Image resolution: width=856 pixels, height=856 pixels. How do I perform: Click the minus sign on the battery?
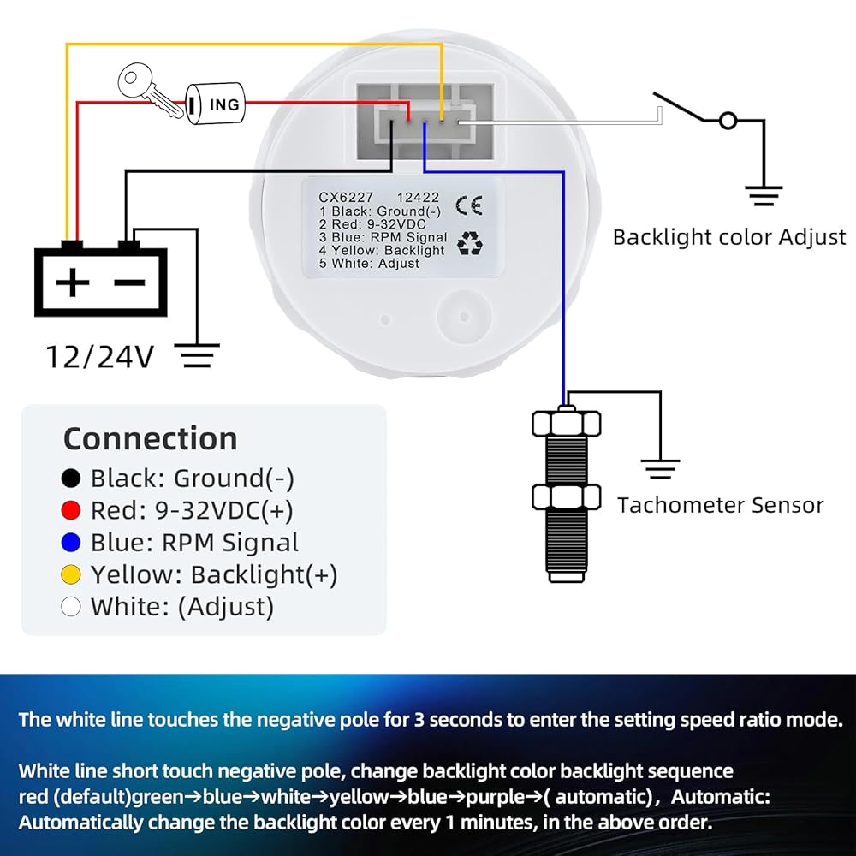click(x=129, y=282)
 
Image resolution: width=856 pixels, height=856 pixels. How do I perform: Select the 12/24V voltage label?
click(x=99, y=355)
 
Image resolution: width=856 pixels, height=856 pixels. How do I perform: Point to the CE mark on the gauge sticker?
click(x=468, y=205)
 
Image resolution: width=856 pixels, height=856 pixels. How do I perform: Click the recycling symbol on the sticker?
click(x=470, y=244)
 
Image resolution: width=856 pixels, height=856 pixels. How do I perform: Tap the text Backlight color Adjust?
click(x=728, y=237)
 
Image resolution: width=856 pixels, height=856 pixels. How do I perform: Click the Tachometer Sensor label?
click(x=720, y=505)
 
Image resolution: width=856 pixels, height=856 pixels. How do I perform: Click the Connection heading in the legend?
click(x=150, y=438)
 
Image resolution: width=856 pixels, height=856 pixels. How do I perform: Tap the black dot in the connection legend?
click(x=72, y=479)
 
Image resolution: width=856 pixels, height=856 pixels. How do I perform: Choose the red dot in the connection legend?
click(x=72, y=511)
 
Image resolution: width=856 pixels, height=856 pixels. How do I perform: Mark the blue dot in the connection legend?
click(x=72, y=543)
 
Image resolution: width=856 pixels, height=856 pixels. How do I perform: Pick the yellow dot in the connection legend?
click(x=72, y=574)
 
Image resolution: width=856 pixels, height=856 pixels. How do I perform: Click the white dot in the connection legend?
click(x=72, y=607)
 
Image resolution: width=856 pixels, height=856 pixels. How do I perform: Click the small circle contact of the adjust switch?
click(x=728, y=121)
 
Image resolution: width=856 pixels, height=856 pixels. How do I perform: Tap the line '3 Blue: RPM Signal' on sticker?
click(x=383, y=237)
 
